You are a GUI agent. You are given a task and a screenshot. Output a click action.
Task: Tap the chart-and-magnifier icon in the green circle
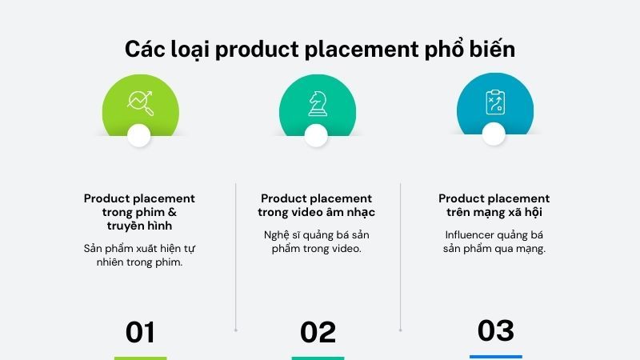(139, 102)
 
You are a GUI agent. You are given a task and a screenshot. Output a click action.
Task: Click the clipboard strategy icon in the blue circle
(494, 102)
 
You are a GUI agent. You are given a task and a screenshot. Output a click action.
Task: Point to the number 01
(140, 332)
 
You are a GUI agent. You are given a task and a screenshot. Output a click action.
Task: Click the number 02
(318, 332)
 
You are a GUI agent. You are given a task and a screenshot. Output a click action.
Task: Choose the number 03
(495, 330)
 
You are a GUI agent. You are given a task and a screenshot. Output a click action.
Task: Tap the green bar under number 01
(140, 358)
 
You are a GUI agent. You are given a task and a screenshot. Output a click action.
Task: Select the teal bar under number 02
(318, 358)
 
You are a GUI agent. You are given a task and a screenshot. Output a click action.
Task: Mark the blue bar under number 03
(495, 357)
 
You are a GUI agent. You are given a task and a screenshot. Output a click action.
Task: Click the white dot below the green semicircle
(139, 135)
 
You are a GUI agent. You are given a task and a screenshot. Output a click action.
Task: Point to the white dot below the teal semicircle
(317, 135)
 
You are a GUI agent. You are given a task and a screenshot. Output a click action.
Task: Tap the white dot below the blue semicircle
(494, 135)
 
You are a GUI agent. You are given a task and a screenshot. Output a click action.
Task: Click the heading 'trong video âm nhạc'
(316, 212)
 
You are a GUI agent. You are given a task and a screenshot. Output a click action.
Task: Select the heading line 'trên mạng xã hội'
(494, 212)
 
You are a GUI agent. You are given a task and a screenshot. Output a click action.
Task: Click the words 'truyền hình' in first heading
(139, 226)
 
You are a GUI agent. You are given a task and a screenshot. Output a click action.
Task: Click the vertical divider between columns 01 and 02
(235, 256)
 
